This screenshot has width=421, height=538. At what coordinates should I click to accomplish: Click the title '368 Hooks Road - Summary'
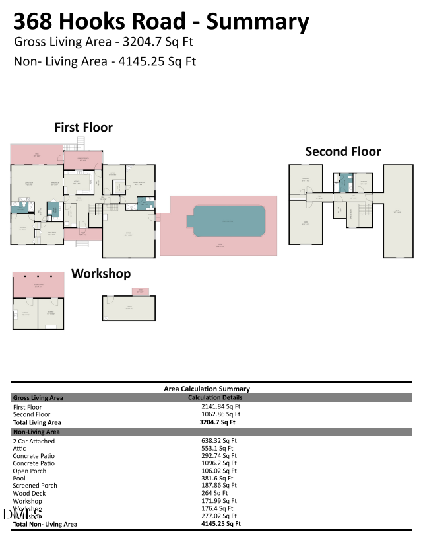point(161,22)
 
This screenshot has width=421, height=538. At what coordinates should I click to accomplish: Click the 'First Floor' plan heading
point(83,128)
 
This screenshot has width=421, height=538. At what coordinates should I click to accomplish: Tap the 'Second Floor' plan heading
point(342,152)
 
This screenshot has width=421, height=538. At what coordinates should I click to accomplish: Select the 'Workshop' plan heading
point(100,273)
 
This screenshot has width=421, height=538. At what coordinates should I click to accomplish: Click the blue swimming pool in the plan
point(228,219)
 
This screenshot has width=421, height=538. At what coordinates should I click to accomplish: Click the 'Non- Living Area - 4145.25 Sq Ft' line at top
point(105,62)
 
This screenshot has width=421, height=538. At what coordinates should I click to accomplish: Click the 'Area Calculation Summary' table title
point(207,389)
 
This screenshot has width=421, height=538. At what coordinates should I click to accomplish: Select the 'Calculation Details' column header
point(215,397)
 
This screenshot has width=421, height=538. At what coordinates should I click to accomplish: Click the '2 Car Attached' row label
point(34,441)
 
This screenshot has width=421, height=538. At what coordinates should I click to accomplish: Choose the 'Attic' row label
point(19,448)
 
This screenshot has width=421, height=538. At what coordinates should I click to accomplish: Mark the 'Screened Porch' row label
point(35,486)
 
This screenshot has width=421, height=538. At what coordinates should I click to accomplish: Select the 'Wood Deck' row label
point(30,493)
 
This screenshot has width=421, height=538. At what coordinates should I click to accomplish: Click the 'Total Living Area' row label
point(37,422)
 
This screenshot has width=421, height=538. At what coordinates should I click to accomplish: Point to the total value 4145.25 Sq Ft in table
point(220,523)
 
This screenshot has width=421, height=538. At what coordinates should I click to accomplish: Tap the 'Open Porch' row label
point(30,471)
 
